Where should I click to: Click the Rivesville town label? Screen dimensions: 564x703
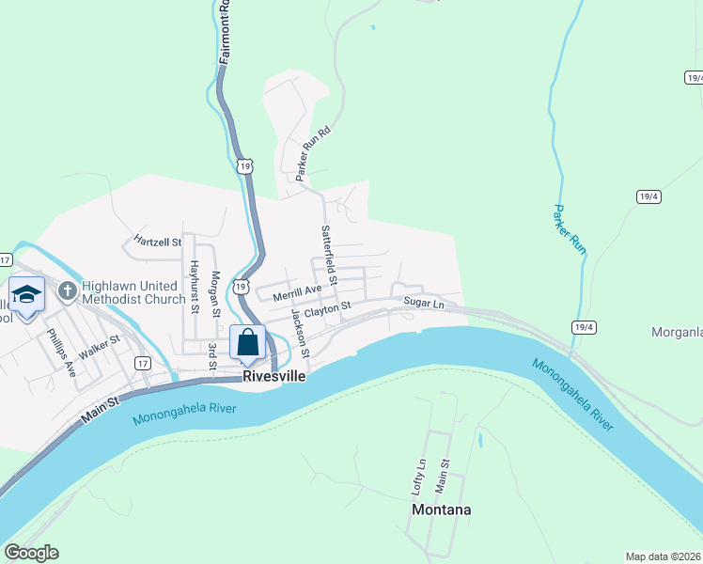point(274,375)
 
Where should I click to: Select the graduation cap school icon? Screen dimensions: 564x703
point(26,295)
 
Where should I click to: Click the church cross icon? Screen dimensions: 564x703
point(67,290)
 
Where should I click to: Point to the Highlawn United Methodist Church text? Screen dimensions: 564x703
point(133,292)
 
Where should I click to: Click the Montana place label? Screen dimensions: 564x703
point(441,509)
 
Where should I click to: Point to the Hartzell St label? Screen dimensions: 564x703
point(157,241)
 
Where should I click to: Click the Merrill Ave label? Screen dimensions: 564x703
point(297,294)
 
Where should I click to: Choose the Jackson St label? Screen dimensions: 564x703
point(300,333)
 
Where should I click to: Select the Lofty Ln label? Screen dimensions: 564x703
point(419,477)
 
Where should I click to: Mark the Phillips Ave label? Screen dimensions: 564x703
point(62,352)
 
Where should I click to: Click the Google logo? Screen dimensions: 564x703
point(31,553)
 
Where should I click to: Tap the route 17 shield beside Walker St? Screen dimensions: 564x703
point(142,362)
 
